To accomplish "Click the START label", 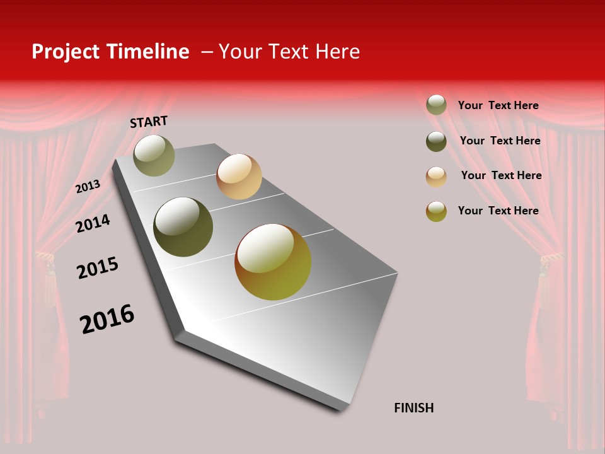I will point(149,122).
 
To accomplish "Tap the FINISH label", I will point(413,408).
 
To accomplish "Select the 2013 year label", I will point(88,186).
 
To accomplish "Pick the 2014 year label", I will point(93,223).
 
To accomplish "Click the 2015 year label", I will point(98,268).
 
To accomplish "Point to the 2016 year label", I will point(107,319).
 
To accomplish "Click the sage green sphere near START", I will point(154,155).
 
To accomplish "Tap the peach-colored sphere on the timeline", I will point(239,177).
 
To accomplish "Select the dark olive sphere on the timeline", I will point(183,227).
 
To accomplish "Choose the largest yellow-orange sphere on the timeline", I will point(273,262).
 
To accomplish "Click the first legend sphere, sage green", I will point(436,105).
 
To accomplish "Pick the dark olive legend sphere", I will point(436,141).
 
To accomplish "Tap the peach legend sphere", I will point(436,177).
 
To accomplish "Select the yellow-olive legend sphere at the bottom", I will point(436,211).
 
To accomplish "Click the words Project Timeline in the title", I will point(110,52).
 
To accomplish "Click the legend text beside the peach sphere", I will point(501,175).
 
